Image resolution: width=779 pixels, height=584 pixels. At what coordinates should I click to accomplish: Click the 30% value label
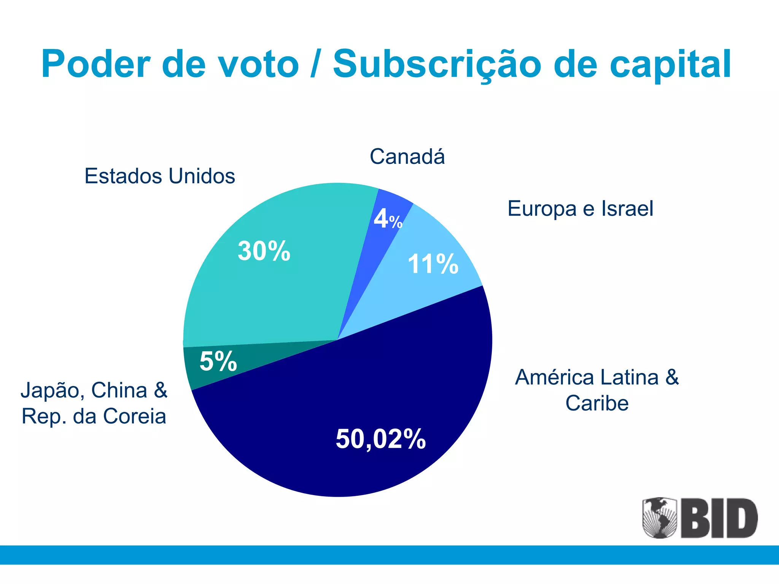264,251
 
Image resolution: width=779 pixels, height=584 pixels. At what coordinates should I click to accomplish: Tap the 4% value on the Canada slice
387,219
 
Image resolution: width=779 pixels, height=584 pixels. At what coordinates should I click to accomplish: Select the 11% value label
433,264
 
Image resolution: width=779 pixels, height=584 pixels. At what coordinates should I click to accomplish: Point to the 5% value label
218,361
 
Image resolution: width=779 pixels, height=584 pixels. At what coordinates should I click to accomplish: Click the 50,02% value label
380,439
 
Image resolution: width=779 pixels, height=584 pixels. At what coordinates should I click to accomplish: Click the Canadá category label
407,157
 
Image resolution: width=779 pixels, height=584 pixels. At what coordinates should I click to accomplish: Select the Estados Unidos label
160,176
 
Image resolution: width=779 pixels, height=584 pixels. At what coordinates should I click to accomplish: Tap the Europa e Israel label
580,209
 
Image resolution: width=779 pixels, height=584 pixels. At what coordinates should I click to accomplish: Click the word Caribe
597,403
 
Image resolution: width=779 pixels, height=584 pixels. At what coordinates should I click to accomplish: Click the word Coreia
135,416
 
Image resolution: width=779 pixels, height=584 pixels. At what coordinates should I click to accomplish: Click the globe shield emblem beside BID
660,517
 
